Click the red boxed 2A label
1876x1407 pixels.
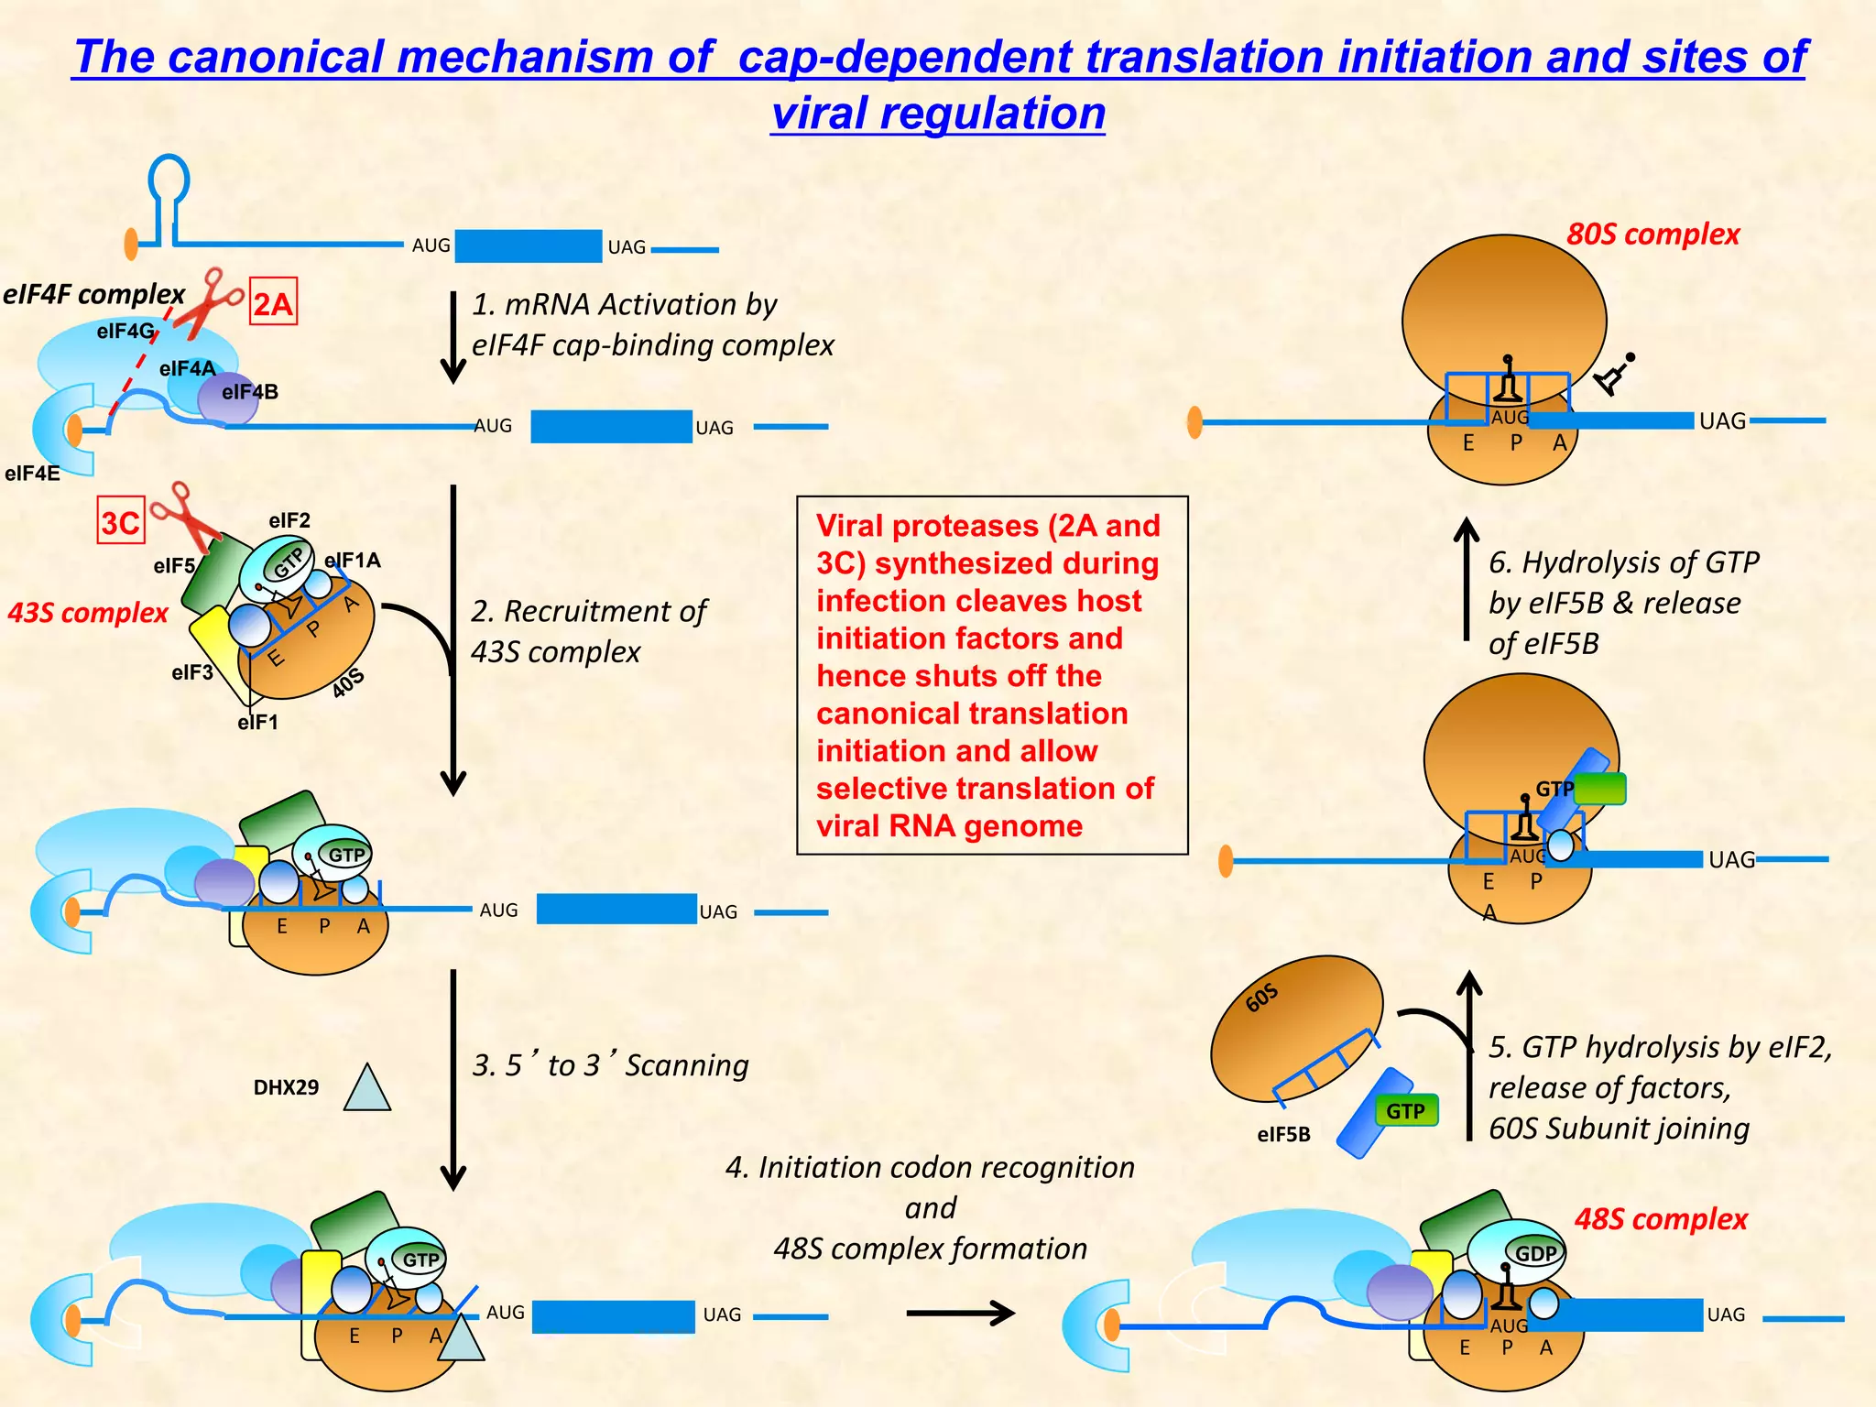click(x=273, y=302)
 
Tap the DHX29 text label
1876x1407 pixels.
click(x=286, y=1087)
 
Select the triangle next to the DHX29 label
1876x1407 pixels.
click(x=367, y=1091)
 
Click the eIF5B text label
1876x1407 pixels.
click(x=1283, y=1135)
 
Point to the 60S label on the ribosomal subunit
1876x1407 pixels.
click(x=1261, y=998)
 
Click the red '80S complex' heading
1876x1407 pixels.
click(x=1652, y=234)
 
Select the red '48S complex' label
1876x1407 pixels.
click(x=1661, y=1219)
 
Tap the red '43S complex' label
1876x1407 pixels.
click(x=88, y=613)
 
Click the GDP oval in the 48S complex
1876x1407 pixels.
click(x=1535, y=1253)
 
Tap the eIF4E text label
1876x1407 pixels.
click(x=32, y=474)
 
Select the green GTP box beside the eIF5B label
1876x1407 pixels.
click(x=1406, y=1111)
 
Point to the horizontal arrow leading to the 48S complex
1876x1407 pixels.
click(x=959, y=1314)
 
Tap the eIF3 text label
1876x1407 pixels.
click(x=192, y=672)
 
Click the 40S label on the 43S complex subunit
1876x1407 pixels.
click(x=348, y=682)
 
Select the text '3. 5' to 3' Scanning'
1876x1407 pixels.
click(x=610, y=1065)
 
